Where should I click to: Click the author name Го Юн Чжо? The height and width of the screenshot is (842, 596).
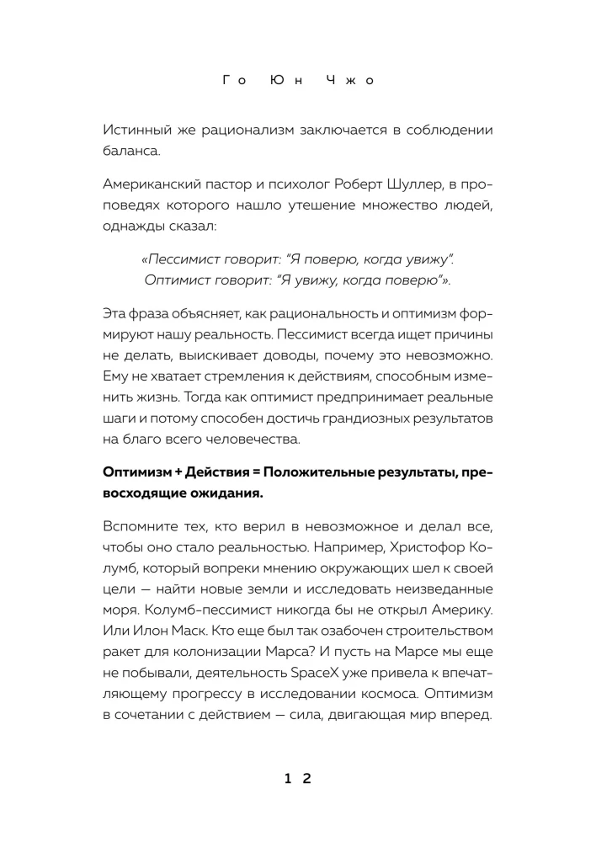[x=298, y=81]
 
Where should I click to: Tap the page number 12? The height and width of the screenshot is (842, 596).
[x=298, y=780]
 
